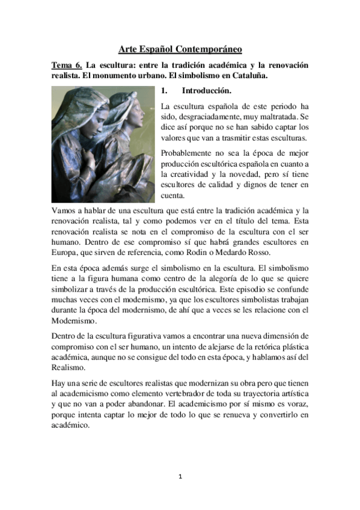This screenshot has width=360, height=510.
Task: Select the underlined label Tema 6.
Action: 66,65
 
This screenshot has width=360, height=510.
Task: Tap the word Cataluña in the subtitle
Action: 248,76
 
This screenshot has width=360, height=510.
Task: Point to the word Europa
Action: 66,251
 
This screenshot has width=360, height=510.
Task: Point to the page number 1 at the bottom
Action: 180,476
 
